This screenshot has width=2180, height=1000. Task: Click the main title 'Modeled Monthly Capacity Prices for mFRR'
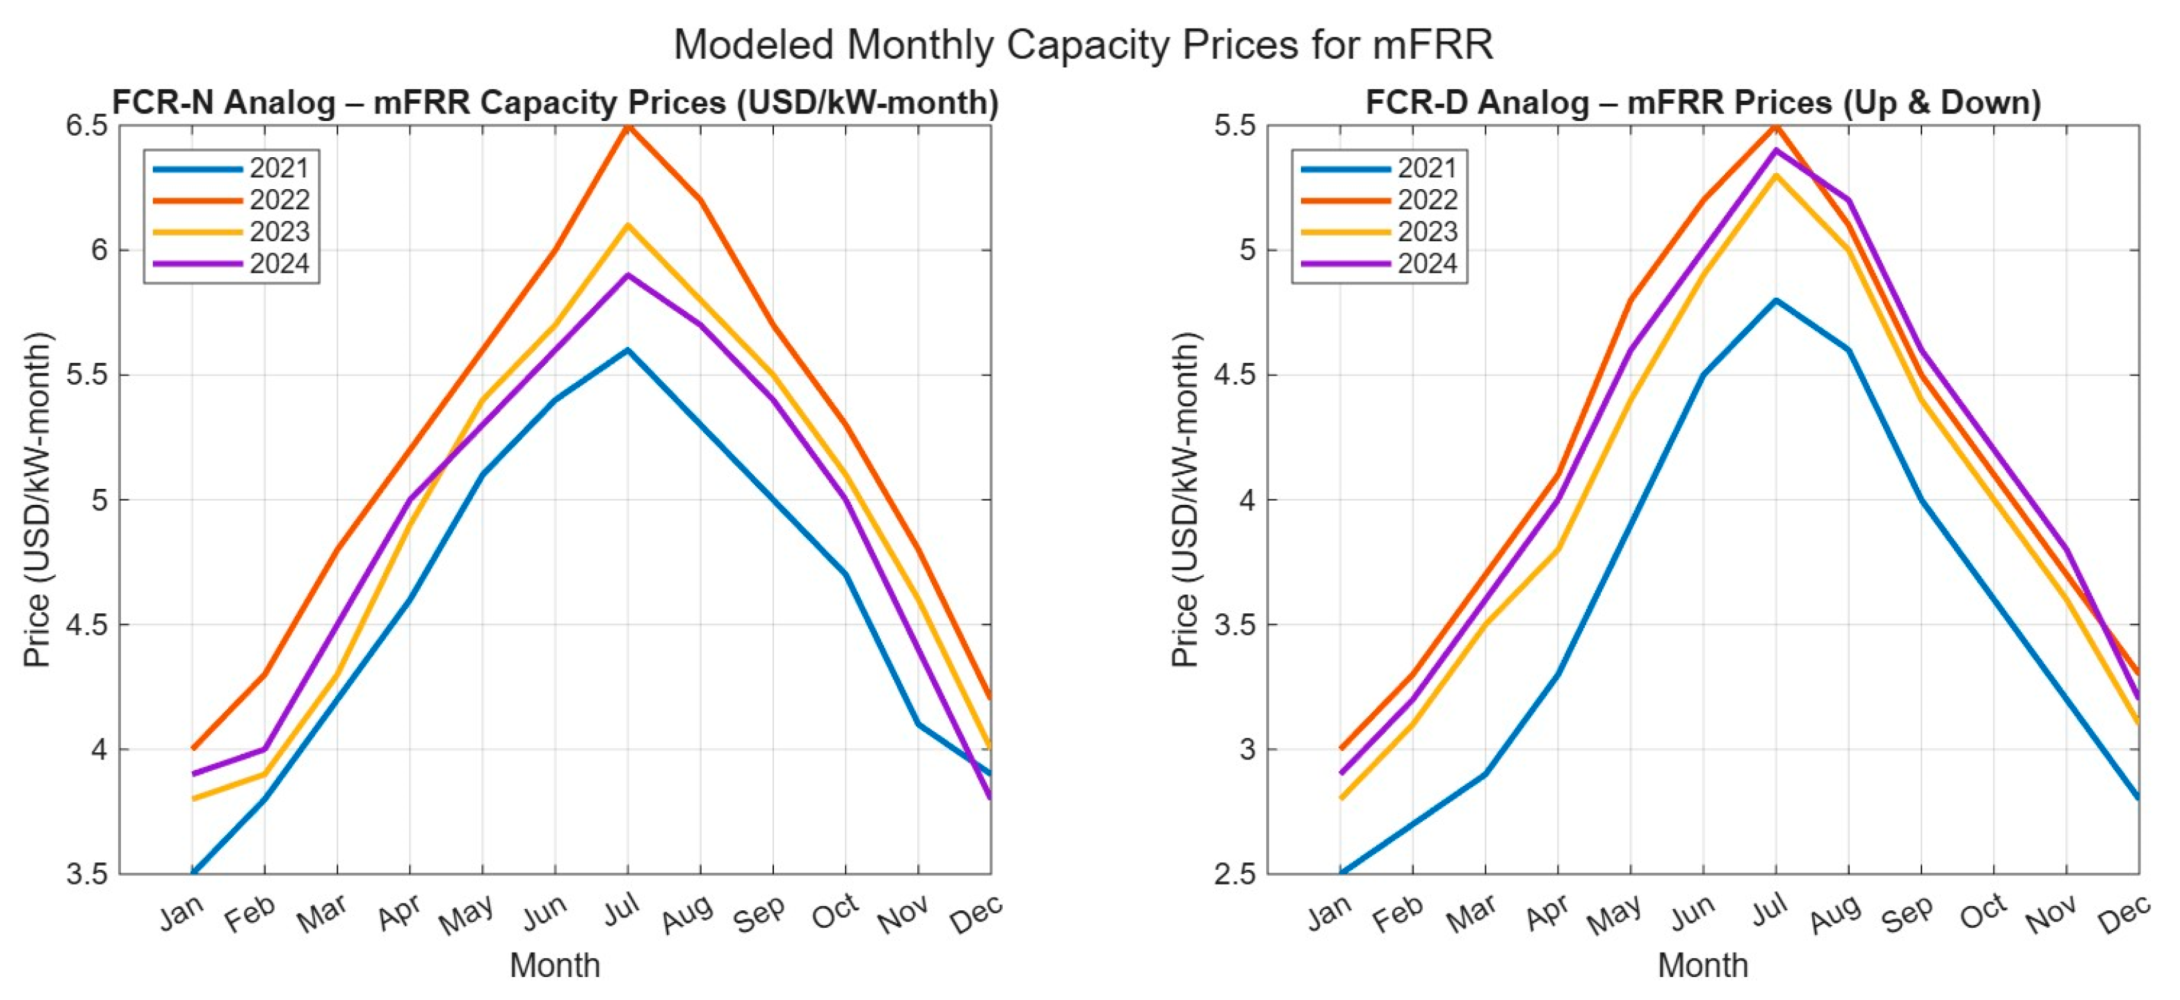click(x=1083, y=44)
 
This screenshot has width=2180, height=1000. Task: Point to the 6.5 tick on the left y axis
click(x=88, y=126)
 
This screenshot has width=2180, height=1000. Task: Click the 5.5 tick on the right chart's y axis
click(x=1236, y=126)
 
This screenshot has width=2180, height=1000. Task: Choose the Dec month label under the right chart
click(x=2124, y=914)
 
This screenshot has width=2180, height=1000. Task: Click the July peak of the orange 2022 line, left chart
click(x=627, y=127)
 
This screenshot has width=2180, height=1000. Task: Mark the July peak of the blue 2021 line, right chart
click(x=1775, y=300)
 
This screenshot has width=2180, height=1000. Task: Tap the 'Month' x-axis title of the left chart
click(x=554, y=965)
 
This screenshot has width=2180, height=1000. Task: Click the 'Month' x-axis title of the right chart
click(x=1703, y=965)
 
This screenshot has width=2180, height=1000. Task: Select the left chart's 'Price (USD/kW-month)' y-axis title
click(x=38, y=499)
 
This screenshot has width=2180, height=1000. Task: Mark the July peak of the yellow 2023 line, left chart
click(x=627, y=226)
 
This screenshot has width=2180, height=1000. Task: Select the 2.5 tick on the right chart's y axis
click(x=1236, y=874)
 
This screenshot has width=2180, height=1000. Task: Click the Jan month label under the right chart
click(x=1330, y=914)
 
